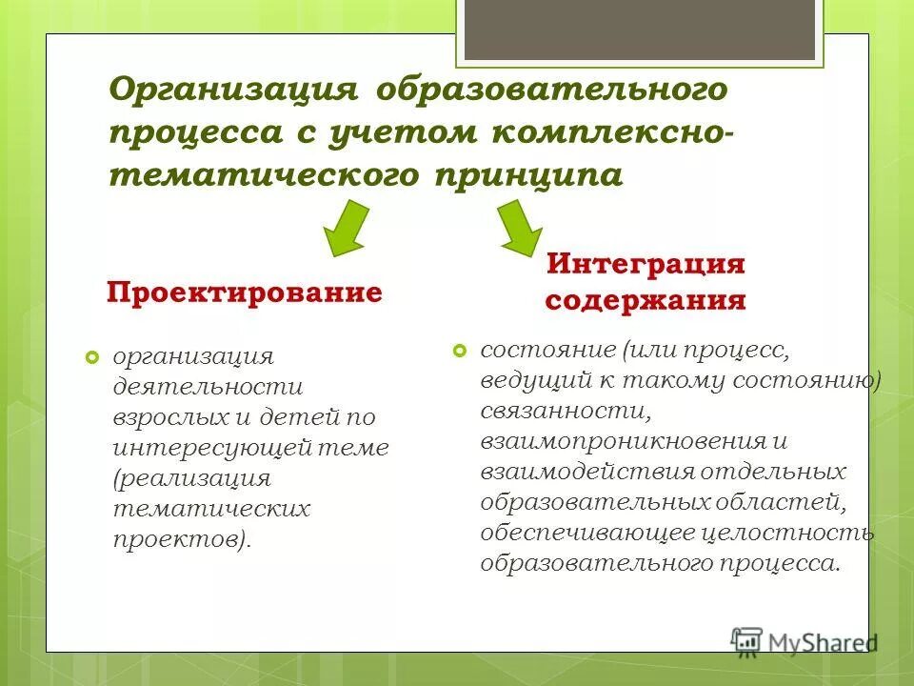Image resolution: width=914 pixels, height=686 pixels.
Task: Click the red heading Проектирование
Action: point(244,292)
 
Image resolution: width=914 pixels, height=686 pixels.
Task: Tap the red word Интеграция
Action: point(645,264)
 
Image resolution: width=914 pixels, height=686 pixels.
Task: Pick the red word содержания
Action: point(645,302)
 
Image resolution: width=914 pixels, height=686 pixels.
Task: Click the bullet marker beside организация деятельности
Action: point(92,357)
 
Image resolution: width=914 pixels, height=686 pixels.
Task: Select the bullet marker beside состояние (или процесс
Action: point(460,351)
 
